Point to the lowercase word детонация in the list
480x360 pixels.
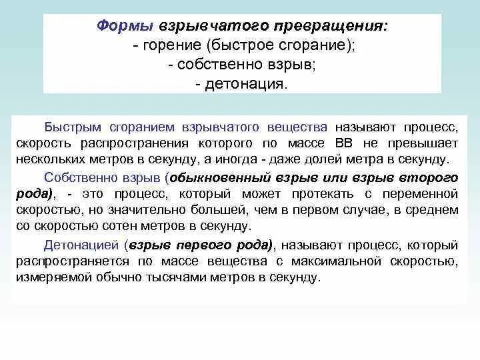tap(256, 85)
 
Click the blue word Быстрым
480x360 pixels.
tap(71, 127)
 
